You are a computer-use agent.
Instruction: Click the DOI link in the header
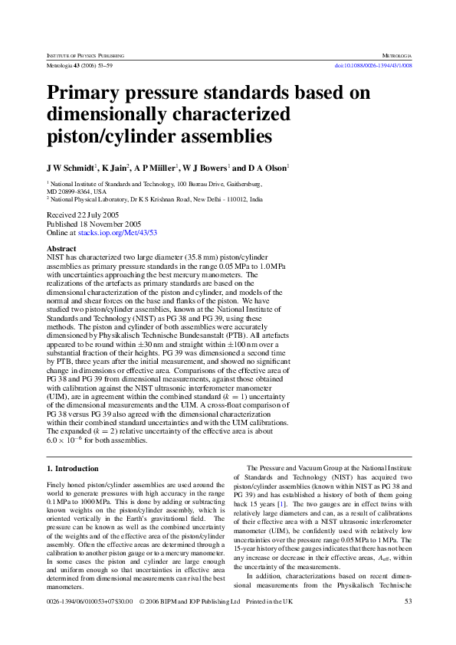coord(375,66)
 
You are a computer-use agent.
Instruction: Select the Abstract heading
coord(61,249)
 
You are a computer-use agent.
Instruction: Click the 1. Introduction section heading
coord(72,468)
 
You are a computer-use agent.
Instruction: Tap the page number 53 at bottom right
coord(408,601)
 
